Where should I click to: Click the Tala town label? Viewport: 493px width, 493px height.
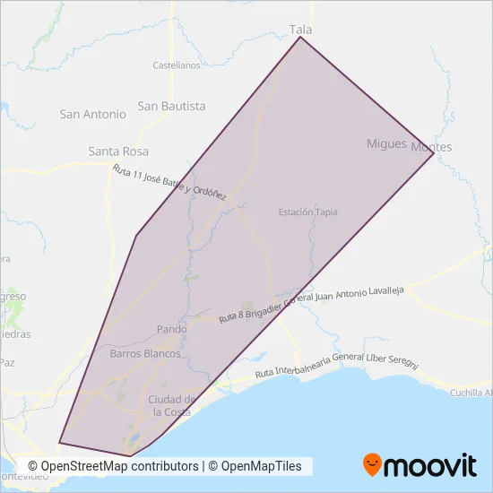coord(300,30)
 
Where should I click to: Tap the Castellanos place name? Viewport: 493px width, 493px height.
coord(176,65)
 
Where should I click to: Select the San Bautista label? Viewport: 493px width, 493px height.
coord(171,106)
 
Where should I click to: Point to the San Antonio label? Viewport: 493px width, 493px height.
coord(93,114)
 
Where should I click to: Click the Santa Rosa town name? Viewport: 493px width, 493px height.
coord(118,151)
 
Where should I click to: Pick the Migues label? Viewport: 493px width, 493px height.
coord(386,143)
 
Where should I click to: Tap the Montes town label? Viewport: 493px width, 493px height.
coord(431,147)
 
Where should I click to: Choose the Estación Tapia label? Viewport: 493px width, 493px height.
coord(307,212)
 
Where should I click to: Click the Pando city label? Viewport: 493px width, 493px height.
coord(171,329)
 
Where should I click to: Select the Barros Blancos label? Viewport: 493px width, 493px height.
coord(145,354)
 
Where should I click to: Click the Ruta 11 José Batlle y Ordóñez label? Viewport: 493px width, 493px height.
coord(169,182)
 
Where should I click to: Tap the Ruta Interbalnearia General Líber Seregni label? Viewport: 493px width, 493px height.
coord(336,365)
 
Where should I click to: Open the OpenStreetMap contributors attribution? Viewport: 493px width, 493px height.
coord(113,466)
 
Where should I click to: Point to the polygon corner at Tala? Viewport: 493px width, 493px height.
coord(300,37)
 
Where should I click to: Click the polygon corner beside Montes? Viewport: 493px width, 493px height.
coord(434,153)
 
